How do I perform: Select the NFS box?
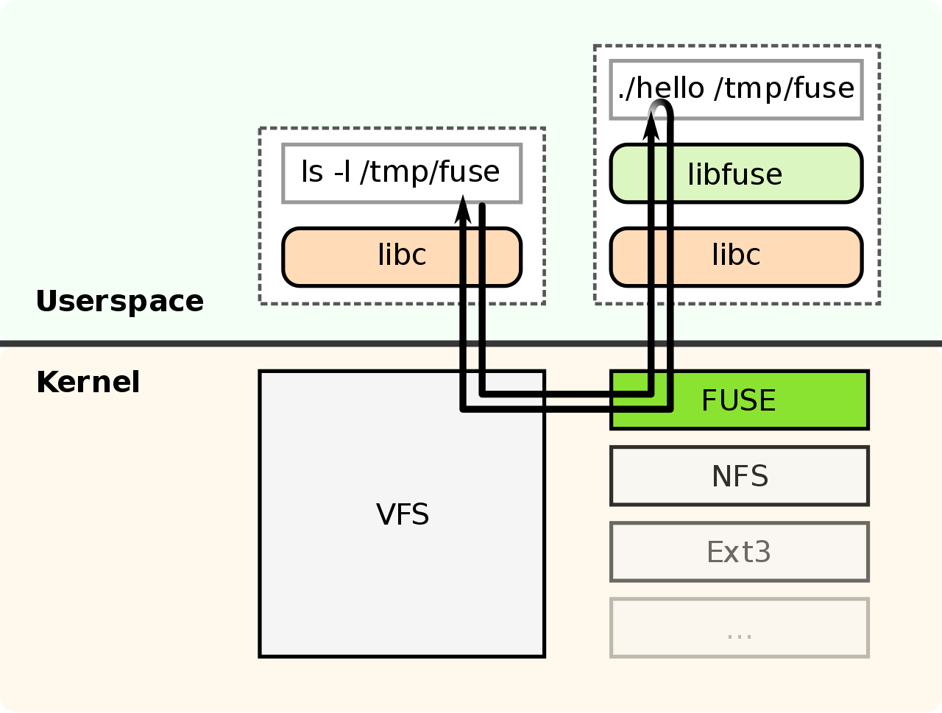pos(740,476)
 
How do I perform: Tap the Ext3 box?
pos(740,552)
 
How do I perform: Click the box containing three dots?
pos(740,628)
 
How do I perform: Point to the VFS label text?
pos(403,514)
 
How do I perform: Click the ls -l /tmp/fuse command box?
pos(402,173)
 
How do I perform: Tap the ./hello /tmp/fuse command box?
pos(736,89)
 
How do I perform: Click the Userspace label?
pos(120,301)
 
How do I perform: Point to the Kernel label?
pos(88,383)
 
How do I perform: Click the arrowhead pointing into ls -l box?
pos(463,209)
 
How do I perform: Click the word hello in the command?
pos(670,88)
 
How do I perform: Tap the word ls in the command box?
pos(312,172)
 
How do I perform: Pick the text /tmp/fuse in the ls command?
pos(430,172)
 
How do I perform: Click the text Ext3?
pos(739,552)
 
